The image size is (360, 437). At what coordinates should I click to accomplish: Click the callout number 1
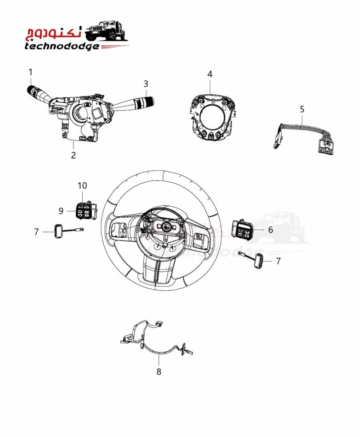pyautogui.click(x=31, y=72)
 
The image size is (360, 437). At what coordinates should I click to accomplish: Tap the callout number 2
pyautogui.click(x=73, y=155)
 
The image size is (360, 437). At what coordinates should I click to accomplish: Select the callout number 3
pyautogui.click(x=146, y=83)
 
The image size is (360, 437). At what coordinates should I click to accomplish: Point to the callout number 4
pyautogui.click(x=210, y=74)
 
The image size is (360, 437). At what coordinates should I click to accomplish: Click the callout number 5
pyautogui.click(x=302, y=109)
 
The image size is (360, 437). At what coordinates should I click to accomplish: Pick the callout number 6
pyautogui.click(x=270, y=230)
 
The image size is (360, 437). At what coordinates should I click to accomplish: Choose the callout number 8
pyautogui.click(x=159, y=371)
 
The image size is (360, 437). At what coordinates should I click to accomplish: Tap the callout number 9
pyautogui.click(x=61, y=211)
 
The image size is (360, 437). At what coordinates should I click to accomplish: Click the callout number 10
pyautogui.click(x=82, y=186)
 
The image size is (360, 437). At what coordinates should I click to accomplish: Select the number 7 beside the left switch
pyautogui.click(x=36, y=232)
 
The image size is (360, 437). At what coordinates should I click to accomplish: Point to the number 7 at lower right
pyautogui.click(x=278, y=261)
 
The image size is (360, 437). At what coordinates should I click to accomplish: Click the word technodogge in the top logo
pyautogui.click(x=62, y=46)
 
